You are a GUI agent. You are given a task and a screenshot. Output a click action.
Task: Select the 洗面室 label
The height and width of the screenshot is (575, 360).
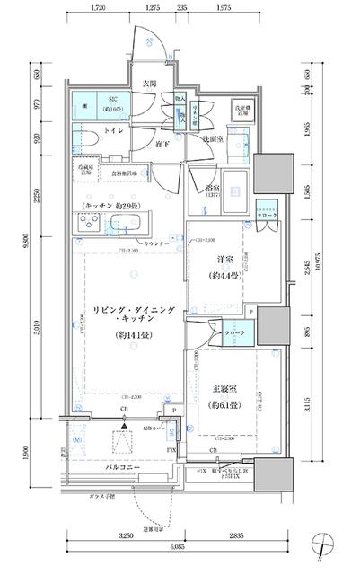212,140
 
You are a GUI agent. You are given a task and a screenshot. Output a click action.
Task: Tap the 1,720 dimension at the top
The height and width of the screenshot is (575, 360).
98,8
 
